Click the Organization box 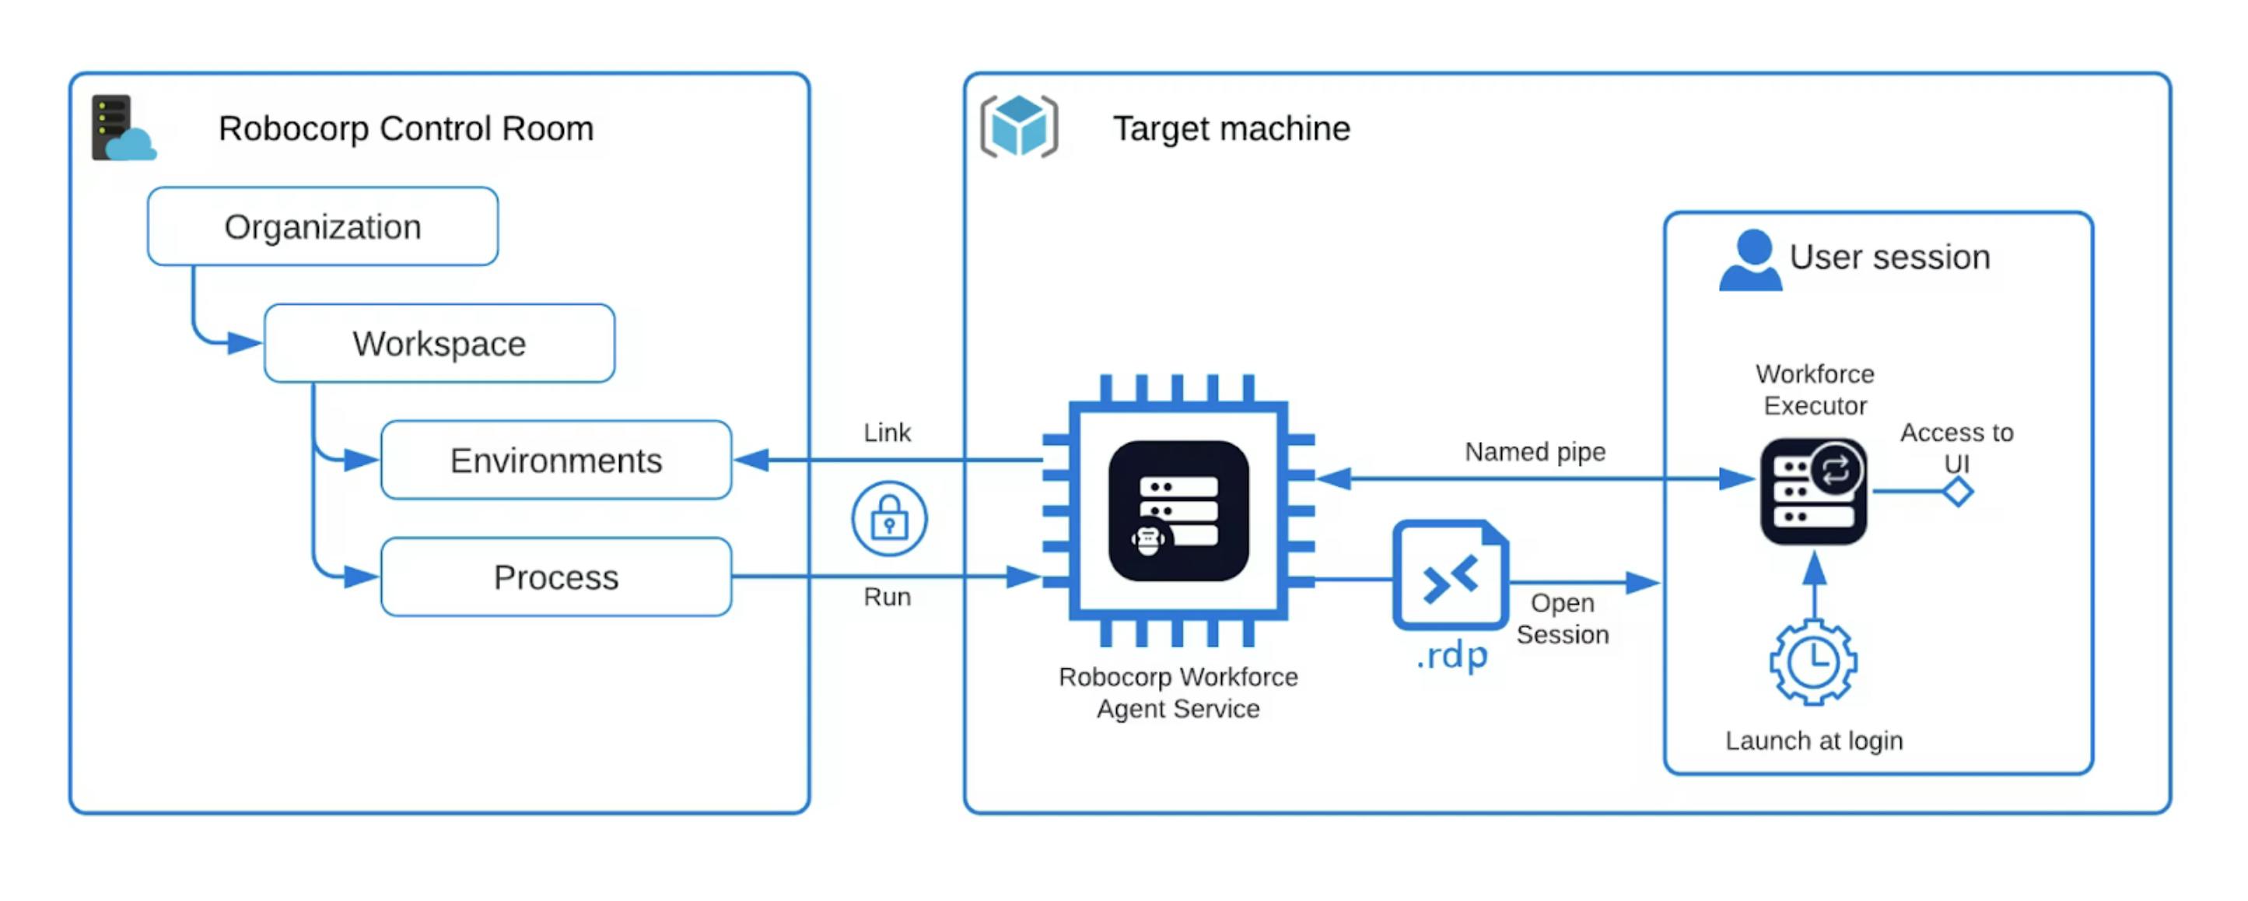(323, 226)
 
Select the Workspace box (439, 343)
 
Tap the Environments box (556, 460)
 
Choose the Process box (556, 577)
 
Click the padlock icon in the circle (889, 519)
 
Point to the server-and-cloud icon (123, 128)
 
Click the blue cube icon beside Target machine (1018, 127)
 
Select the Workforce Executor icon (1813, 492)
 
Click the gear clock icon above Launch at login (1813, 662)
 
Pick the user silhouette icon (1751, 260)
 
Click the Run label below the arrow (887, 598)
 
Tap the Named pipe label (1535, 451)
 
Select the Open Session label (1562, 618)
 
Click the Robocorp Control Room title (406, 128)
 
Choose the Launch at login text (1814, 741)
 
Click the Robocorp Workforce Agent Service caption (1178, 692)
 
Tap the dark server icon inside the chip (1178, 510)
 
